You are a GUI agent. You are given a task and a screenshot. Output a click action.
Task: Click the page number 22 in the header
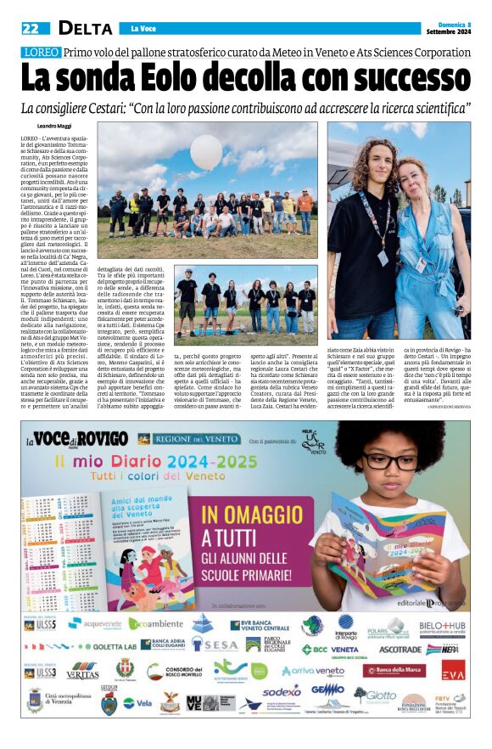(x=31, y=28)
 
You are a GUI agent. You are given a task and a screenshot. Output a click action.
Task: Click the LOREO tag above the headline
(x=40, y=53)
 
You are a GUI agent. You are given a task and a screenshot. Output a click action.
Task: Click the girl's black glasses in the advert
(x=390, y=461)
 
